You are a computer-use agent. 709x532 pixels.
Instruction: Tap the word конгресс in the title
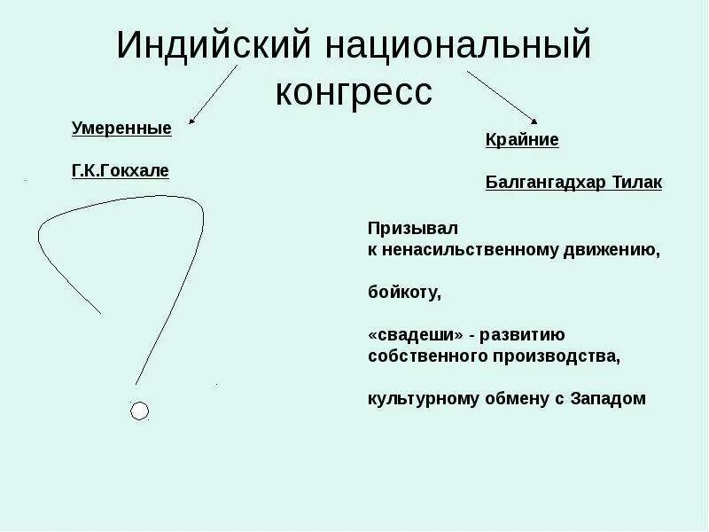(354, 90)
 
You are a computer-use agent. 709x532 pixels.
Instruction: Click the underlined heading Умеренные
(121, 128)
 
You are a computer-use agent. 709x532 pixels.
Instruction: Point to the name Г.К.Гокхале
(121, 169)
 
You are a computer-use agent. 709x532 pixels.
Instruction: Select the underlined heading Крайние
(522, 139)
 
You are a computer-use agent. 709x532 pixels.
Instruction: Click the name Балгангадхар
(537, 182)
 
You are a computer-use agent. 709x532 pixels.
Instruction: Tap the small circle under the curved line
(139, 411)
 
